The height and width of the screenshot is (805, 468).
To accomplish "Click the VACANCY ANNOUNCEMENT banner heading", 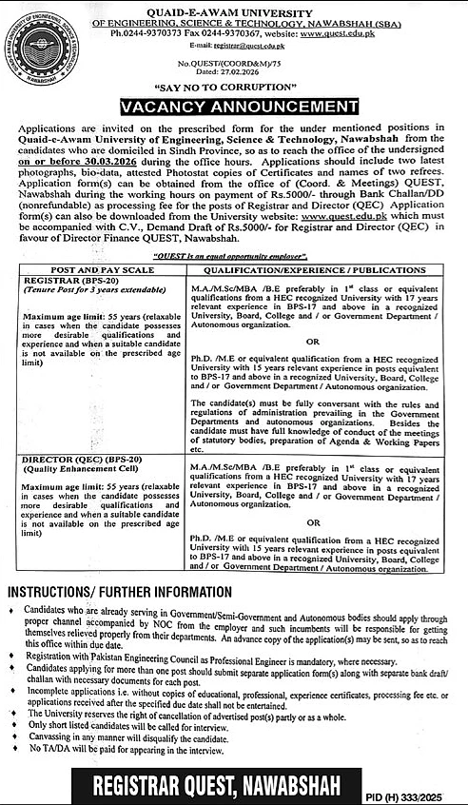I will pyautogui.click(x=233, y=105).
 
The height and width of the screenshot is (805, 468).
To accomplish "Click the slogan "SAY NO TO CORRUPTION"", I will pyautogui.click(x=234, y=86).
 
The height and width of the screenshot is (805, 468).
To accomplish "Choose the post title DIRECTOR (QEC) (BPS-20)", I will pyautogui.click(x=78, y=460).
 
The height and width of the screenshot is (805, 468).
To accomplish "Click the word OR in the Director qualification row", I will pyautogui.click(x=322, y=521).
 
